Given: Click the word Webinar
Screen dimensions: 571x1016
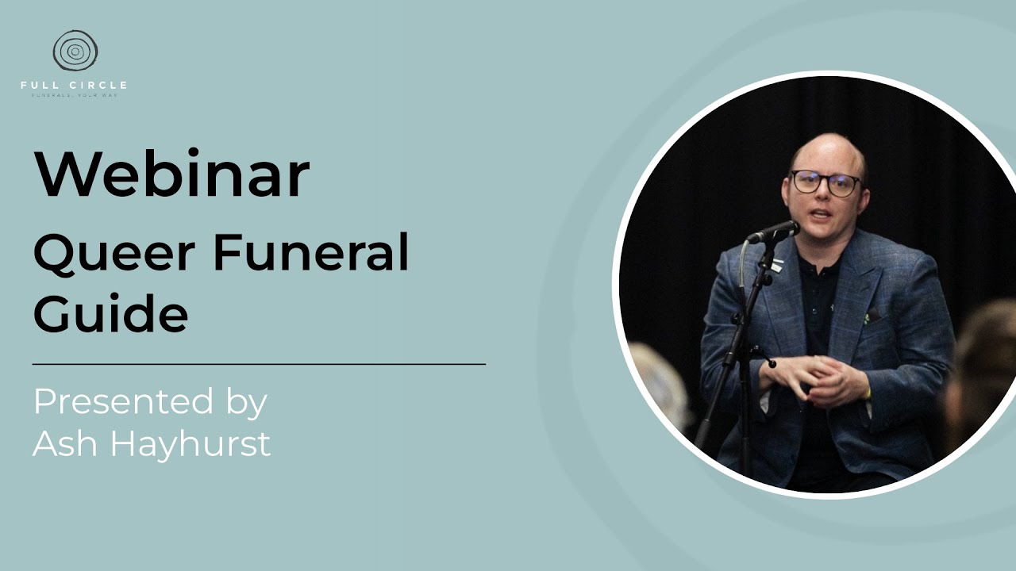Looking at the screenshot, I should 171,174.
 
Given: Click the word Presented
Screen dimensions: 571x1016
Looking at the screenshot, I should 123,403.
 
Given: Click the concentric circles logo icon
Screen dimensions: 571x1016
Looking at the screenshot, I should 75,51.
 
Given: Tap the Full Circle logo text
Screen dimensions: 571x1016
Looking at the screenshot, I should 74,85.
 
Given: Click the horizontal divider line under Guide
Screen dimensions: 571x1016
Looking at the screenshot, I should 259,364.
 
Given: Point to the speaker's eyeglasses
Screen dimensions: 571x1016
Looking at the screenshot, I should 825,183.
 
